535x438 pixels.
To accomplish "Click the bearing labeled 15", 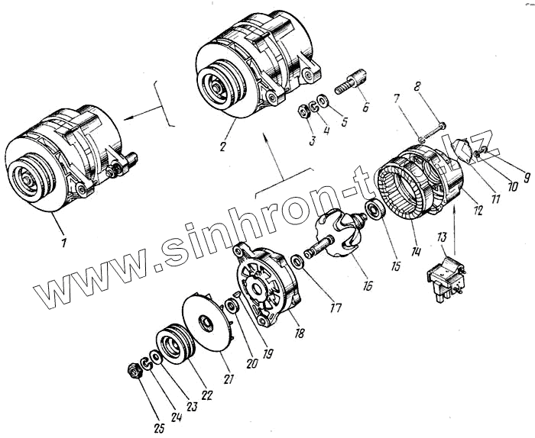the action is pos(378,211).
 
